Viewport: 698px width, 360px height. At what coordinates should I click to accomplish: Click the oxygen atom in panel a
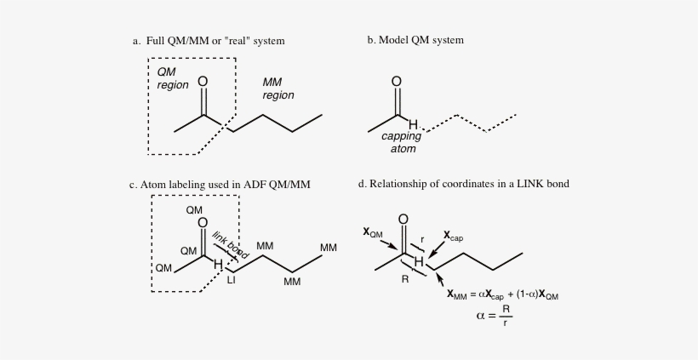pos(203,82)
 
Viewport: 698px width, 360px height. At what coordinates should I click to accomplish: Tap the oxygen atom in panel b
pos(396,82)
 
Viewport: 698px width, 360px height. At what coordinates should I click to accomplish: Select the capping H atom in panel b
pos(413,124)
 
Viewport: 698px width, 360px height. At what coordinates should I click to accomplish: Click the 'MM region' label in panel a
pos(278,89)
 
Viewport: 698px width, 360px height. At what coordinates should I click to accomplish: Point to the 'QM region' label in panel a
pos(173,78)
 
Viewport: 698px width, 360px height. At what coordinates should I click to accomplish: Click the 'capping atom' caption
pos(402,142)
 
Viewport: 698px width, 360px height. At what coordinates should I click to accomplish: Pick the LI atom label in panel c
pos(231,280)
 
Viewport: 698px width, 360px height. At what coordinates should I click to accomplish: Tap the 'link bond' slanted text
pos(230,245)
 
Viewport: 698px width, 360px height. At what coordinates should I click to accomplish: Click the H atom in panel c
pos(218,265)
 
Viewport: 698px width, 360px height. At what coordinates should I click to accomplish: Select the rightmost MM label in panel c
pos(329,248)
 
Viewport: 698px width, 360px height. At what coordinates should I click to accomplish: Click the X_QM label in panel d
pos(373,232)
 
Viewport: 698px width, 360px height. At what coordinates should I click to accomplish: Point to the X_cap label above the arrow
pos(453,237)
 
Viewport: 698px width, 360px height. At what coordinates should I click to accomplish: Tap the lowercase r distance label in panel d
pos(422,240)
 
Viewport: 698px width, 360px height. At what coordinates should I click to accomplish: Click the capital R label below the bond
pos(405,279)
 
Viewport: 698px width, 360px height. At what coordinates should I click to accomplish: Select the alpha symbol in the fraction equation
pos(480,316)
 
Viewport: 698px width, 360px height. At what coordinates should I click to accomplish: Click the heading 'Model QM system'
pos(421,40)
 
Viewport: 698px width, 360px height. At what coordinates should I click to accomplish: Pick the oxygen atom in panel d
pos(403,220)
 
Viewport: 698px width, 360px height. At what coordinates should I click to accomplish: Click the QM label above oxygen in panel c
pos(194,210)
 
